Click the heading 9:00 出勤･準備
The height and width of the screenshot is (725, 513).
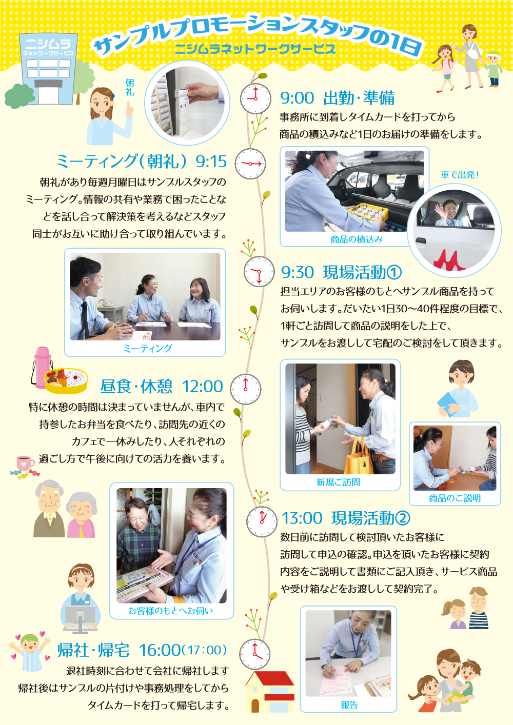click(337, 98)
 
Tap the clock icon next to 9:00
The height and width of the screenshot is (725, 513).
click(255, 98)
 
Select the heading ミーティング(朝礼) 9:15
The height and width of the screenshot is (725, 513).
click(141, 162)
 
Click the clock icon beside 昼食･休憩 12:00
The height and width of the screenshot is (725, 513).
click(245, 389)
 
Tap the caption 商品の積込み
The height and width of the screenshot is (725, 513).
click(357, 239)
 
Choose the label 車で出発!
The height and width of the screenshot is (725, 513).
click(460, 175)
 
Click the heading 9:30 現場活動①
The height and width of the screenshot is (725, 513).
click(341, 272)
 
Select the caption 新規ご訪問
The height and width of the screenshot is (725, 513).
click(338, 482)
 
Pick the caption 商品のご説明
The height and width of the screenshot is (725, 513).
click(455, 498)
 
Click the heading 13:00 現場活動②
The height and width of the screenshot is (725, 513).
click(345, 518)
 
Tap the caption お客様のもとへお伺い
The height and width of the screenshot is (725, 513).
click(170, 611)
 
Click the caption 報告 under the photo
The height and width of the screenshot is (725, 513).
click(349, 705)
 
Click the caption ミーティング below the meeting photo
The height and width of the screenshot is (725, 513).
click(148, 349)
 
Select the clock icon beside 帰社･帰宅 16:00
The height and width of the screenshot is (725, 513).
click(254, 654)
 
